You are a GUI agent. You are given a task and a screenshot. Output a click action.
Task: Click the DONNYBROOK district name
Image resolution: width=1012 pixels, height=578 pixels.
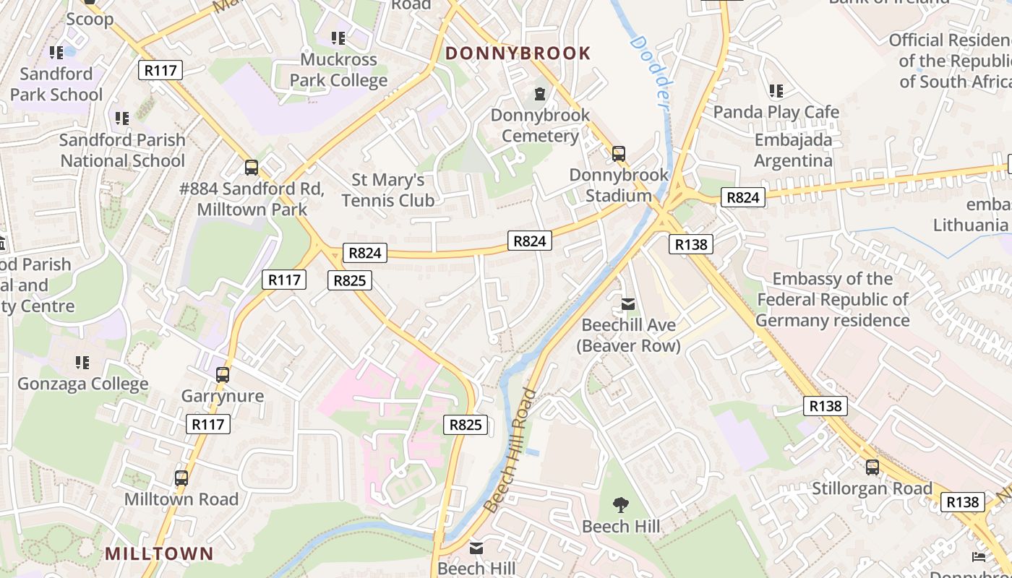[x=518, y=53]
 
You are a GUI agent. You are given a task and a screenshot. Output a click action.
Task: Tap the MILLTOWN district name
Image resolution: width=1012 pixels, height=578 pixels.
[x=159, y=554]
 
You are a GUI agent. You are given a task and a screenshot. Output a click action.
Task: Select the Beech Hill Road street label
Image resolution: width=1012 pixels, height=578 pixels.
[x=510, y=451]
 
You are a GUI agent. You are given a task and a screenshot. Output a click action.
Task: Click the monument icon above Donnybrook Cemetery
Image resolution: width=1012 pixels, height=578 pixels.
[x=539, y=93]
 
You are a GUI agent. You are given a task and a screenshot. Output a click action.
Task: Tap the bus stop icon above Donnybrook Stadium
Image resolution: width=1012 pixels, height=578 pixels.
[x=619, y=153]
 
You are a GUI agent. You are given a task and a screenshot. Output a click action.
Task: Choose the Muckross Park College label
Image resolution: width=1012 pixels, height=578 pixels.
[x=339, y=70]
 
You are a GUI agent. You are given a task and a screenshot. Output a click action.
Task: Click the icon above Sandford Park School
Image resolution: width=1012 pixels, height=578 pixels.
[x=56, y=52]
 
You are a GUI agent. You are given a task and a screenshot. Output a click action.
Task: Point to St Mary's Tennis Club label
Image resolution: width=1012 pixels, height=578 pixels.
[x=388, y=190]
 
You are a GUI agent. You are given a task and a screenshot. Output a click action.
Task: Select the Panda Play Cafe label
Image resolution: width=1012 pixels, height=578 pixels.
[x=776, y=112]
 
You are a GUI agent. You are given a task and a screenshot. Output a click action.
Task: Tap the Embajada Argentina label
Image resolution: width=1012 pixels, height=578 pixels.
[x=793, y=150]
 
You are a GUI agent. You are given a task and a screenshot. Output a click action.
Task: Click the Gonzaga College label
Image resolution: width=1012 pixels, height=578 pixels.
[x=83, y=384]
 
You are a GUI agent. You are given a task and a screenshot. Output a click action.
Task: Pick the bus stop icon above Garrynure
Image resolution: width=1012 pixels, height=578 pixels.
[x=223, y=375]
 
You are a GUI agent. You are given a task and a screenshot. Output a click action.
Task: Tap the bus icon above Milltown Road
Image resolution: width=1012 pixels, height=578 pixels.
[x=181, y=478]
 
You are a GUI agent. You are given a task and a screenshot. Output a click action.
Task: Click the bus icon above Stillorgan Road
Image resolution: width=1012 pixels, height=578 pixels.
[x=872, y=467]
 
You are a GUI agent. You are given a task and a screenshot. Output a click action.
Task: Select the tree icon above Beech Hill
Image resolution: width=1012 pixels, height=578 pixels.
[x=621, y=504]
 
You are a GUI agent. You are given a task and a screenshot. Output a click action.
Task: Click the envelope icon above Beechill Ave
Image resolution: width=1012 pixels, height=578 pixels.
[x=628, y=304]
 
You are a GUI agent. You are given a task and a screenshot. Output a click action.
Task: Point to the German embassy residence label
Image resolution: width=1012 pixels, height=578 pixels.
[x=832, y=299]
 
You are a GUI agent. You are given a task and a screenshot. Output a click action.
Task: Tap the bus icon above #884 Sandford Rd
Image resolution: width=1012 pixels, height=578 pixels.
[x=252, y=168]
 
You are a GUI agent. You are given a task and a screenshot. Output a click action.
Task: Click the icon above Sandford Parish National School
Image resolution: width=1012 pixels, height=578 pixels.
[x=122, y=118]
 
